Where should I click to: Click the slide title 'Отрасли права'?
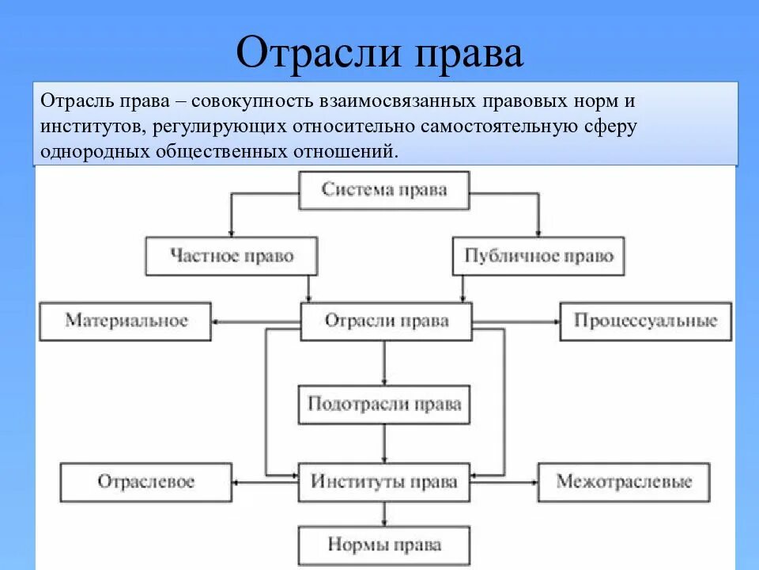pyautogui.click(x=379, y=53)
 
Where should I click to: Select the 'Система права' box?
pyautogui.click(x=384, y=190)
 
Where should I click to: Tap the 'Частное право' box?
pyautogui.click(x=232, y=256)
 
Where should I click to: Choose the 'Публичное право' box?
pyautogui.click(x=538, y=256)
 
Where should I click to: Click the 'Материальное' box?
pyautogui.click(x=126, y=321)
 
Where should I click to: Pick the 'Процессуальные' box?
pyautogui.click(x=645, y=321)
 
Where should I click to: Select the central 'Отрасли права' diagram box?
pyautogui.click(x=387, y=321)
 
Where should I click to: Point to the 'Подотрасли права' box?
pyautogui.click(x=384, y=405)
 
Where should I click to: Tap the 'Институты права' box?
pyautogui.click(x=384, y=481)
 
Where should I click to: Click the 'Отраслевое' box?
pyautogui.click(x=146, y=481)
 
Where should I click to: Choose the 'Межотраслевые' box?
pyautogui.click(x=624, y=481)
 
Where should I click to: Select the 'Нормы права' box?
pyautogui.click(x=384, y=545)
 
